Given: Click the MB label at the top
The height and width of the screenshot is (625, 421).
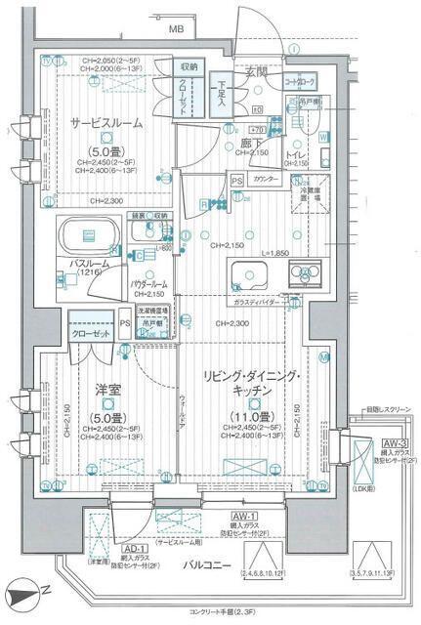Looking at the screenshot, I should pyautogui.click(x=176, y=29).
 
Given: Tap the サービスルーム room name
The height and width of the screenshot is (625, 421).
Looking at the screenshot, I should pyautogui.click(x=106, y=124).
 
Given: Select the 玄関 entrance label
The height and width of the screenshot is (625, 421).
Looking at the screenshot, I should pyautogui.click(x=256, y=72).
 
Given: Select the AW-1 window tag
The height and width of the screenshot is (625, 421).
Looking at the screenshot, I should pyautogui.click(x=243, y=516).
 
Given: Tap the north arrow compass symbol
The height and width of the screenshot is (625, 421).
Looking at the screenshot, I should pyautogui.click(x=21, y=594).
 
